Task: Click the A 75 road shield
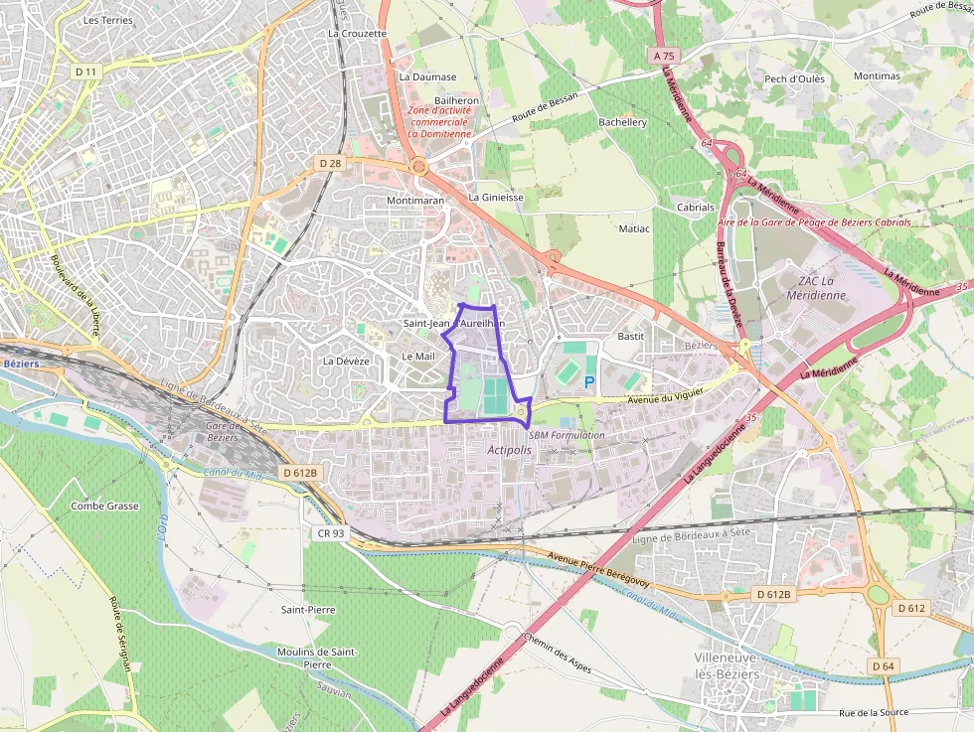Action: point(664,57)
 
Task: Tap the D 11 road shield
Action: point(86,72)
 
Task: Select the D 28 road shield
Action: point(330,162)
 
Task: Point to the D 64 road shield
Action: point(882,664)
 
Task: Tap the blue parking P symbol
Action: point(589,381)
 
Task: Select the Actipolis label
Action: point(510,450)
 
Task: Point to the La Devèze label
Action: point(346,361)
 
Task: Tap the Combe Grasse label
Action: point(104,506)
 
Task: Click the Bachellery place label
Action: point(622,122)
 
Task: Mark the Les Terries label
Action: point(108,20)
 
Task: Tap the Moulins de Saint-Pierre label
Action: point(317,658)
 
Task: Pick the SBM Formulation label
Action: point(567,435)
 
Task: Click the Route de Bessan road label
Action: point(545,105)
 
